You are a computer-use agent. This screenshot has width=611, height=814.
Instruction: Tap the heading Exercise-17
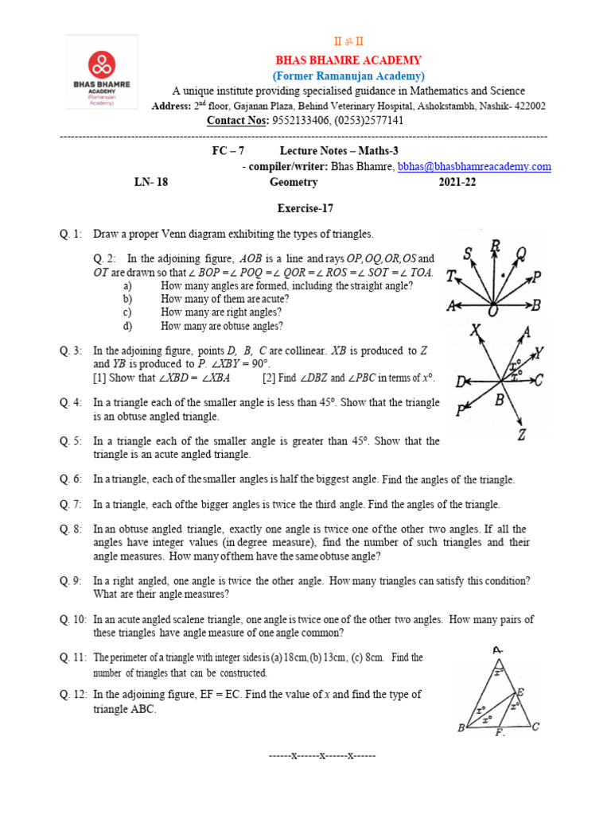pos(305,209)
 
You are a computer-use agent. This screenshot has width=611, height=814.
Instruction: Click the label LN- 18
pos(150,182)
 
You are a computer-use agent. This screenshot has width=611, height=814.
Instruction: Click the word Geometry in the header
pos(294,182)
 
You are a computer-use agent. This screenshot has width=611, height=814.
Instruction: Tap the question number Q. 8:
pos(71,529)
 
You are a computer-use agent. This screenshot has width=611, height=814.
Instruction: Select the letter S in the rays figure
pos(469,253)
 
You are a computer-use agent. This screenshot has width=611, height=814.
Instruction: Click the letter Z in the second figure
pos(521,434)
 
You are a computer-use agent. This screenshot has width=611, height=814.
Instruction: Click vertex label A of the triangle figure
pos(497,651)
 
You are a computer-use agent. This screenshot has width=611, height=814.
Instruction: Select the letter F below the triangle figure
pos(500,733)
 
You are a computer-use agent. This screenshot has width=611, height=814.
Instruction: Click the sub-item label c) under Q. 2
pos(127,312)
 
